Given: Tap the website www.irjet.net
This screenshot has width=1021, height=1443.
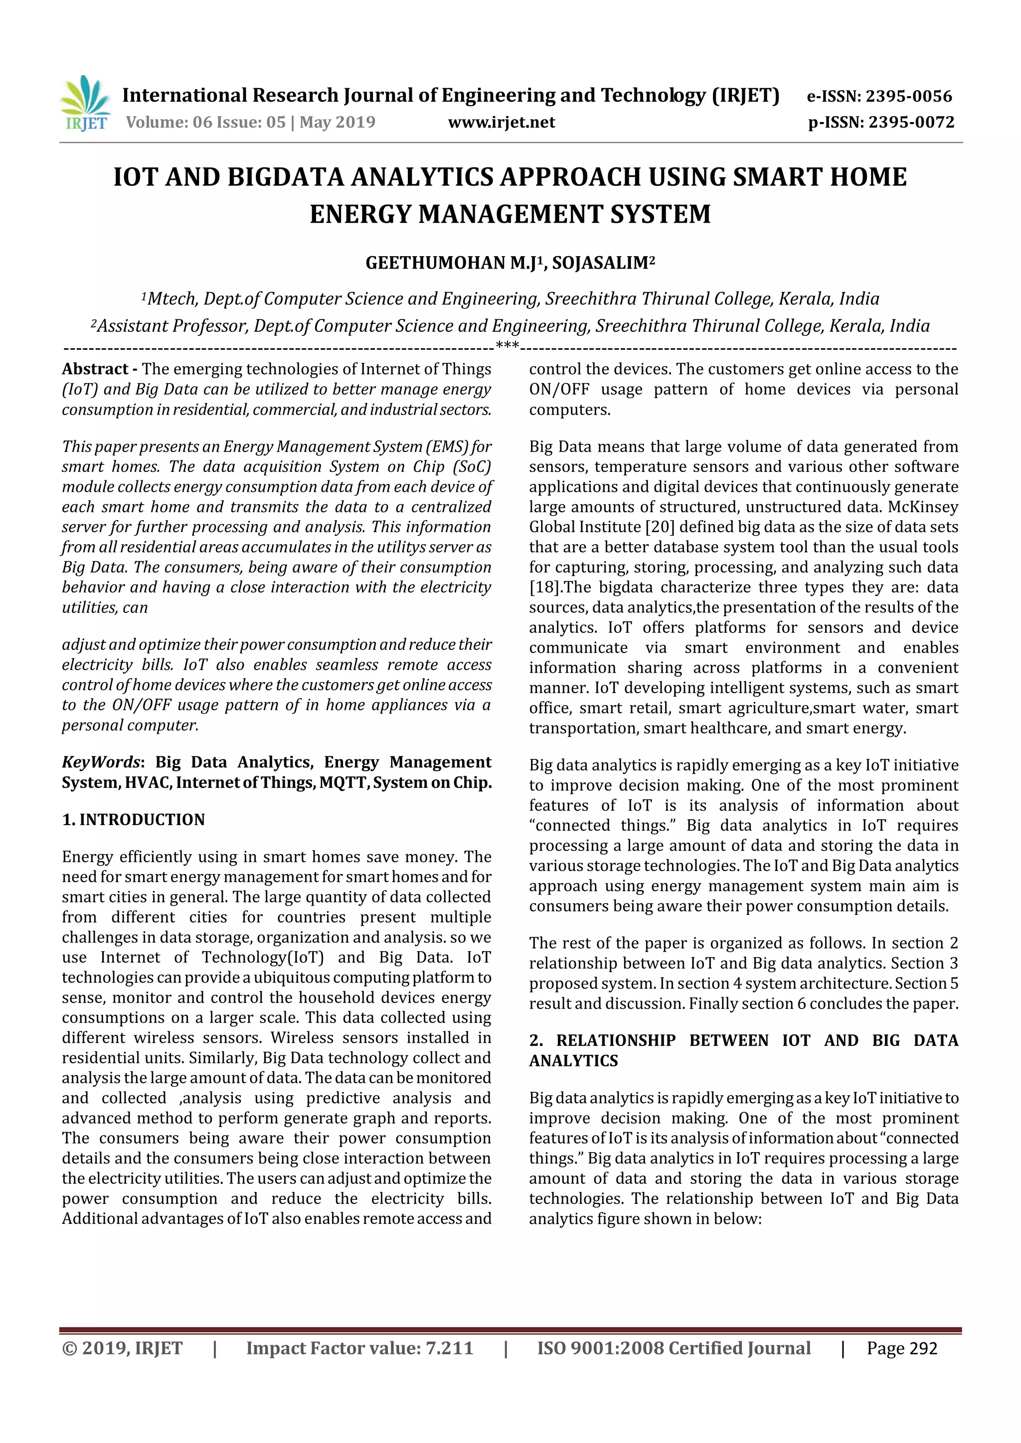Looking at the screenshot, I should [x=501, y=122].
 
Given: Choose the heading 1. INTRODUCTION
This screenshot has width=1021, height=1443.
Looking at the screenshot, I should [x=133, y=820].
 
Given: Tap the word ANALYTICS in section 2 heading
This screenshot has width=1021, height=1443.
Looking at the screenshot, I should [x=573, y=1061].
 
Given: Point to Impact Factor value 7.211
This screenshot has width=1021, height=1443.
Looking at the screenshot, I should [x=359, y=1348].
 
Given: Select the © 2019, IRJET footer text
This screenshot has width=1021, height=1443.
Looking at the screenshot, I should [x=122, y=1348].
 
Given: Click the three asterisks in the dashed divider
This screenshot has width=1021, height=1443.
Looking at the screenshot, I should [x=508, y=345].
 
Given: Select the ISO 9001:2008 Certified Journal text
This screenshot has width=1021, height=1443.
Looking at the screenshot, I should [x=674, y=1348].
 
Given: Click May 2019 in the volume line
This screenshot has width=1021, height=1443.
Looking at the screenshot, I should [x=337, y=122].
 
